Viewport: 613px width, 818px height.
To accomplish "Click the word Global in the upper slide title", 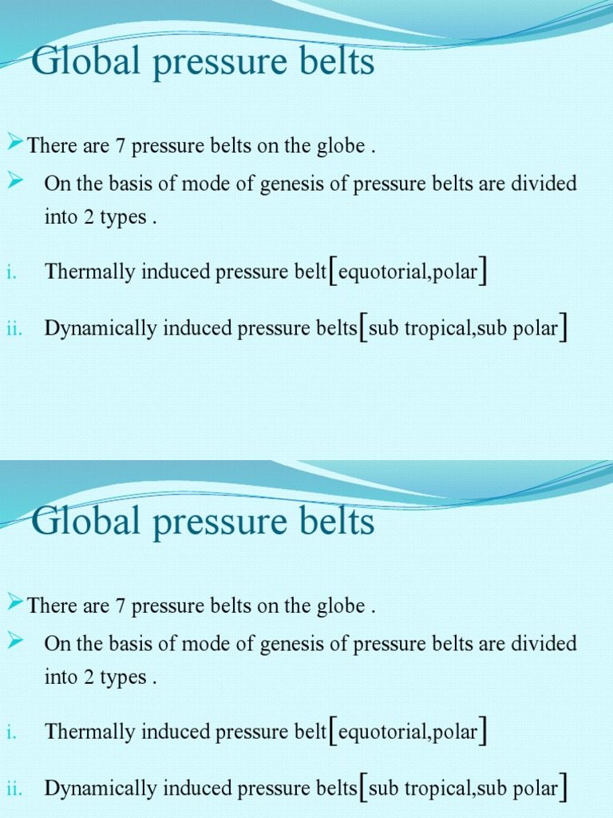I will tap(81, 62).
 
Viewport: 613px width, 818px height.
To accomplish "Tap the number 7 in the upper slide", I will tap(121, 147).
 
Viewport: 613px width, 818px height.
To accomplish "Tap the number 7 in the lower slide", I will tap(121, 606).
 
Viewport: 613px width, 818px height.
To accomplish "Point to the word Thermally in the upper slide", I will tap(90, 272).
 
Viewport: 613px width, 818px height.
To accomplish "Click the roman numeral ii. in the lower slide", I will tap(13, 789).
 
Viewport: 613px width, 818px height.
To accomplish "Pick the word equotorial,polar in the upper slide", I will tap(408, 272).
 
